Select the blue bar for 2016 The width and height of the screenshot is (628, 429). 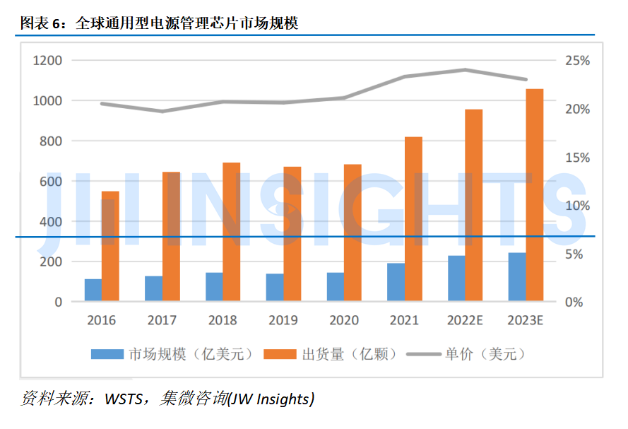point(93,290)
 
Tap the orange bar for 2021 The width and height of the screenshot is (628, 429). point(413,219)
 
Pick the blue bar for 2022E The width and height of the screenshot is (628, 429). point(456,278)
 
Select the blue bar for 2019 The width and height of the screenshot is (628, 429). point(275,288)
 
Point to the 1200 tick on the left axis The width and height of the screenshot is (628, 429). point(48,61)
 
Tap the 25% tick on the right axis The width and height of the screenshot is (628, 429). point(577,61)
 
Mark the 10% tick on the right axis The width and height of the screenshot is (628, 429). point(577,206)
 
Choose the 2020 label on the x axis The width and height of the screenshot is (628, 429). point(343,320)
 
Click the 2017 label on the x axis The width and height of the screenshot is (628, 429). point(162,320)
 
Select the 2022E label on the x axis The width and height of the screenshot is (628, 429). point(465,320)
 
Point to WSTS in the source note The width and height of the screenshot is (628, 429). point(124,399)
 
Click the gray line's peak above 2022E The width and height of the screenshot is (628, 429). point(466,69)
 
